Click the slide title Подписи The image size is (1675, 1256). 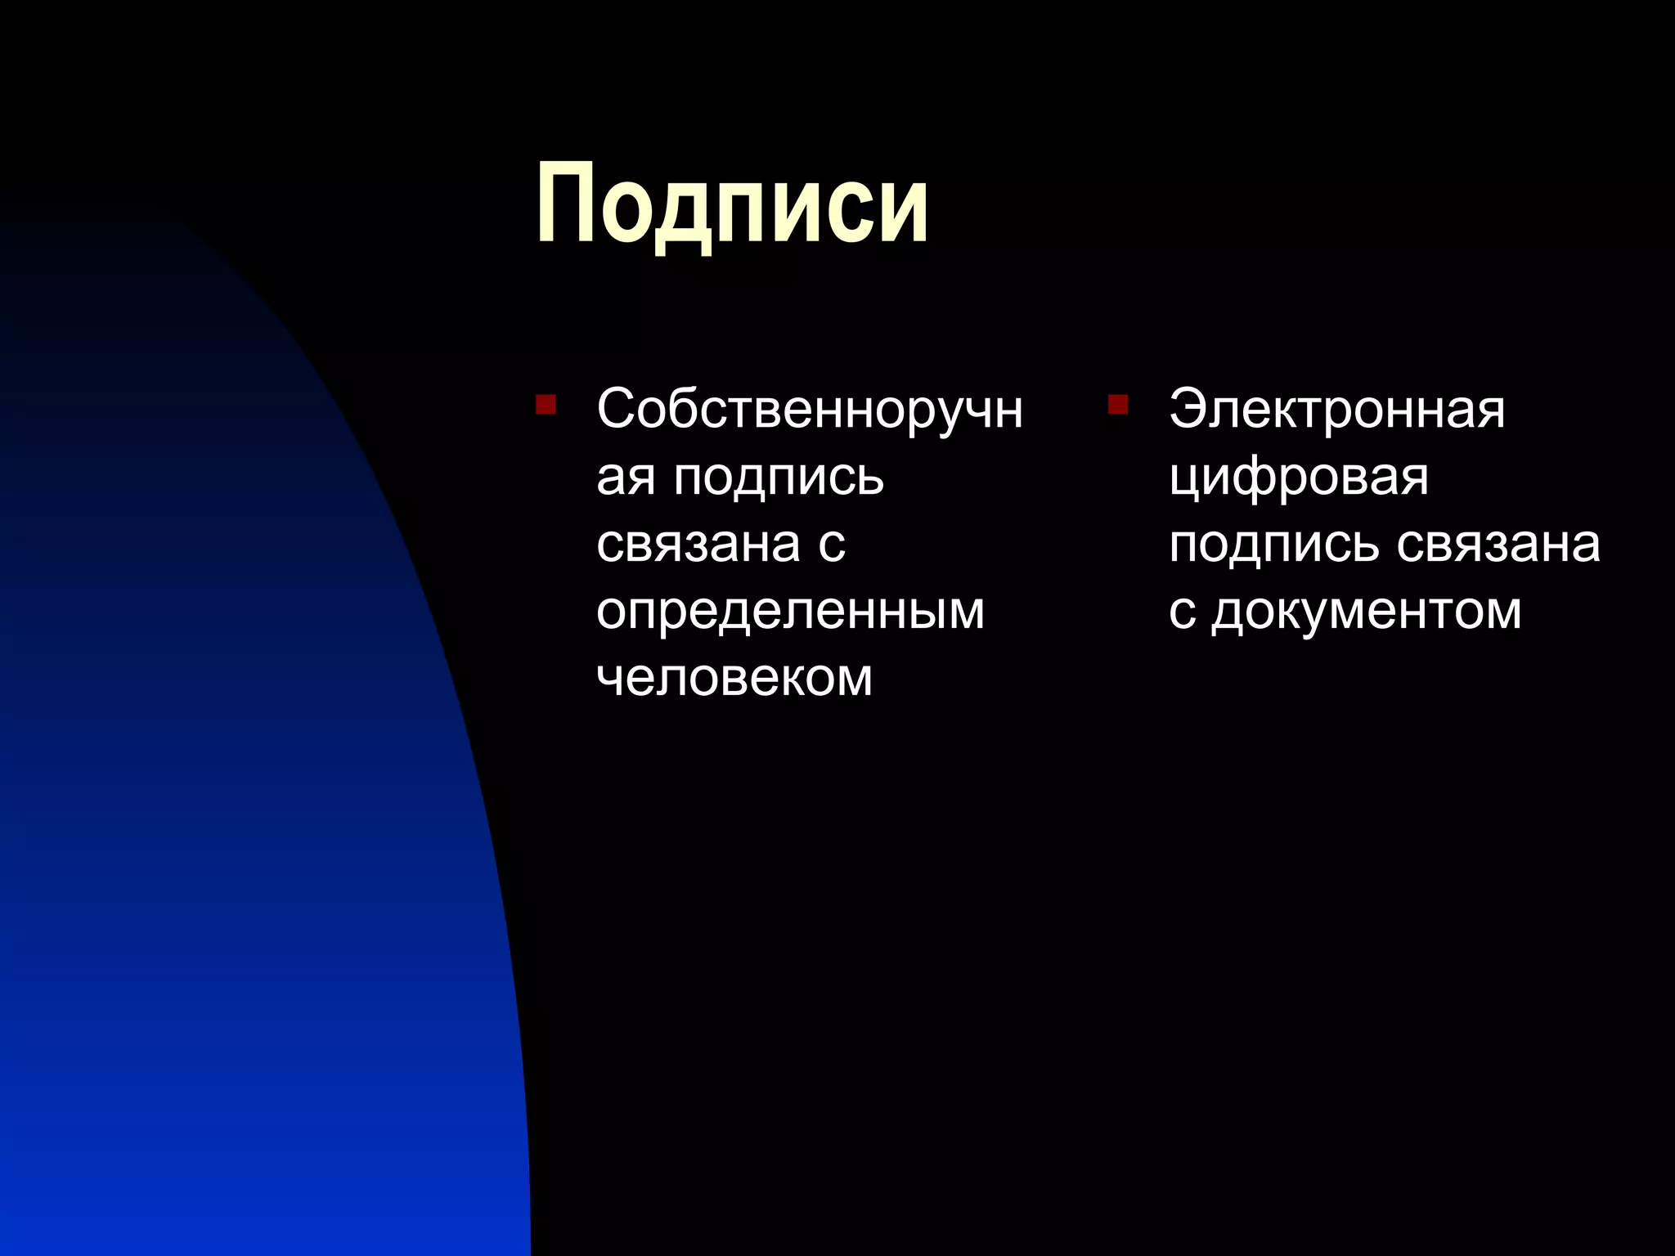[x=732, y=204]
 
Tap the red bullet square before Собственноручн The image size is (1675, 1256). [x=546, y=405]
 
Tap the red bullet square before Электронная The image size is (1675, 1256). [x=1118, y=405]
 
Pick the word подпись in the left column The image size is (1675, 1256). [x=779, y=478]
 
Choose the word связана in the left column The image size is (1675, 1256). [x=698, y=544]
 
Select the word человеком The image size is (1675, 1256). [x=734, y=677]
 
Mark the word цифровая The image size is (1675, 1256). [x=1299, y=478]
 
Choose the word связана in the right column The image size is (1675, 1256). [x=1498, y=544]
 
